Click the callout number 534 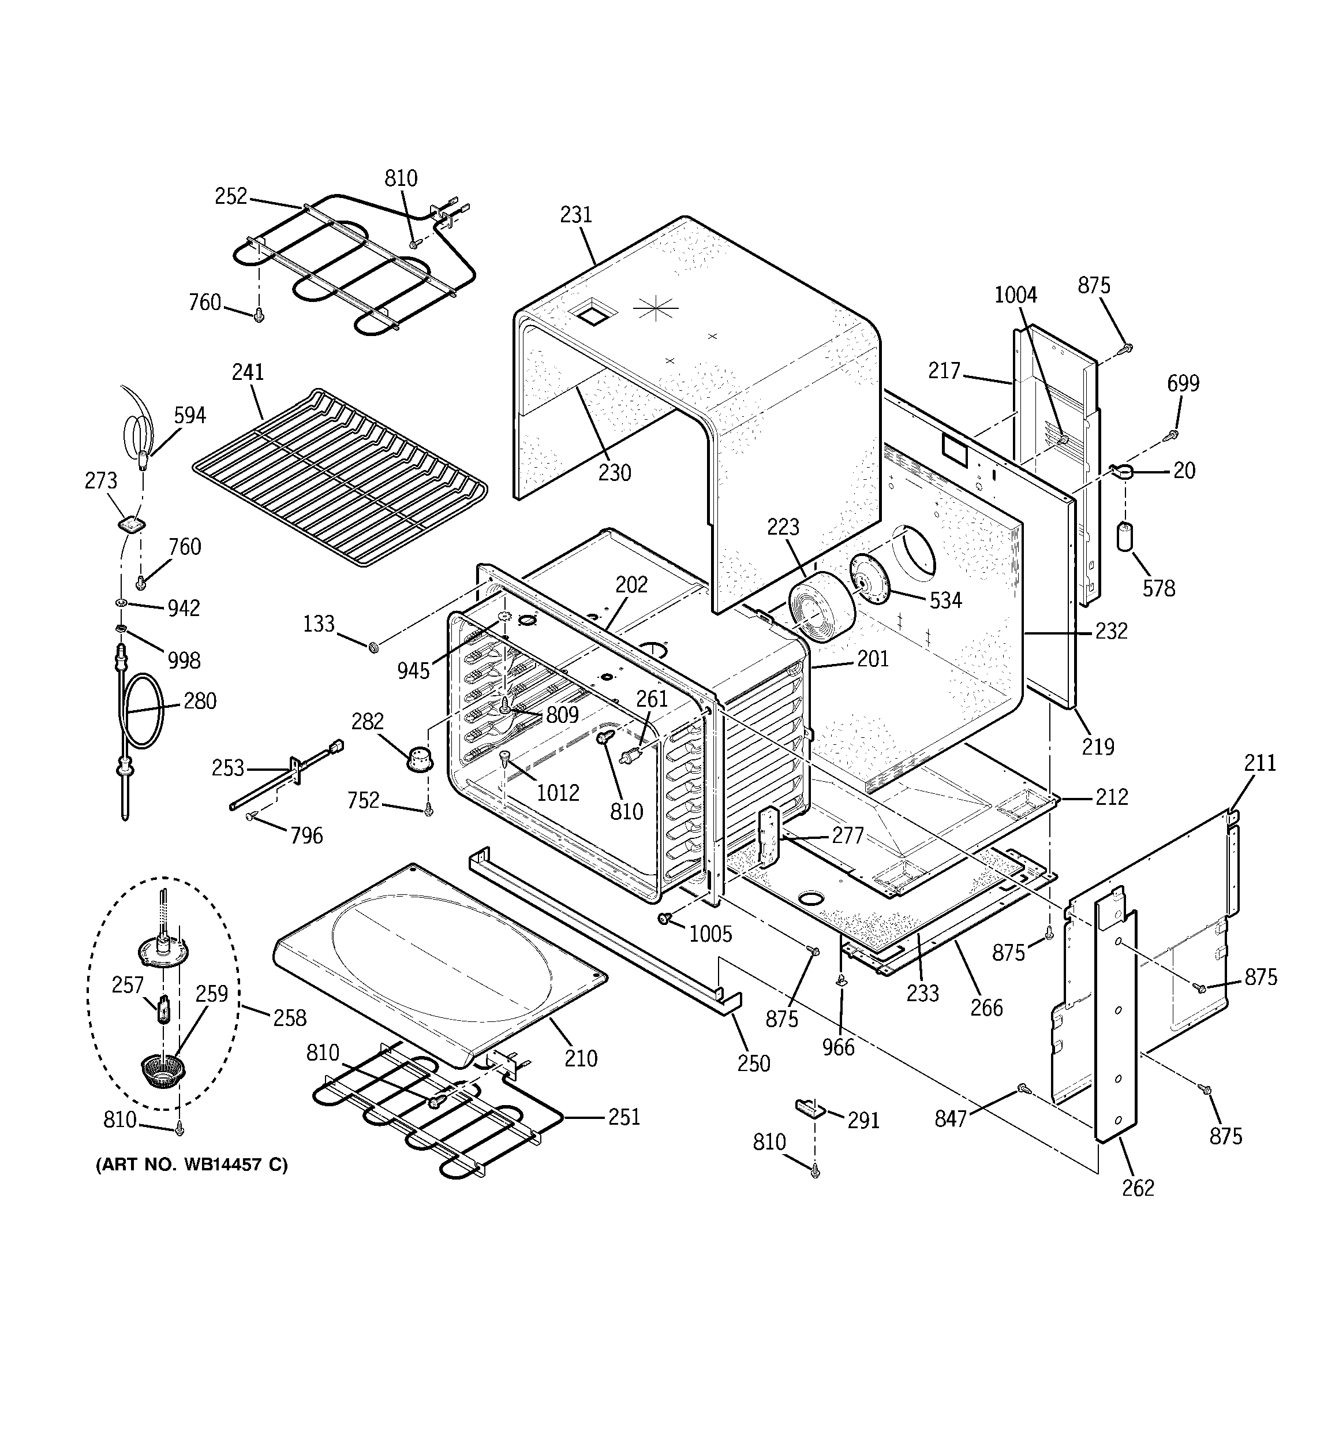(x=945, y=600)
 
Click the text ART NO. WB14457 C (x=192, y=1165)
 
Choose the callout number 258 (x=289, y=1018)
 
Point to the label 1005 (x=710, y=934)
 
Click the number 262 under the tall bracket (x=1138, y=1188)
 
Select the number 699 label (x=1183, y=383)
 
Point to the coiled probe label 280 (x=200, y=701)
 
